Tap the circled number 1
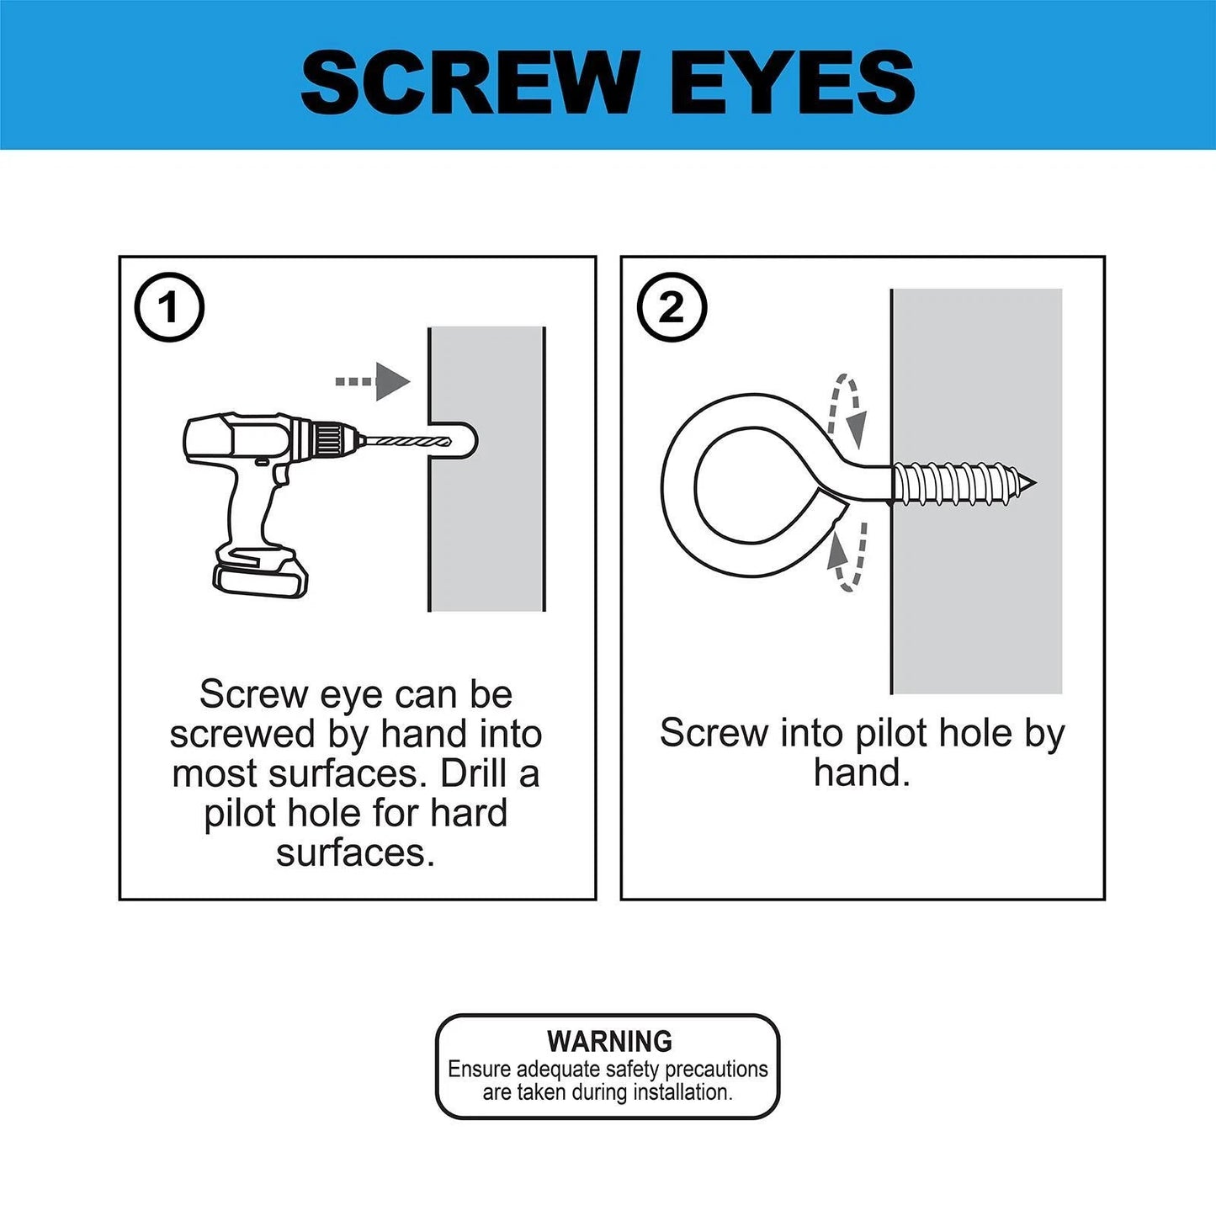pyautogui.click(x=169, y=307)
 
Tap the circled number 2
pyautogui.click(x=672, y=307)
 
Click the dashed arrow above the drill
pyautogui.click(x=373, y=381)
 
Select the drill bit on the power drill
pyautogui.click(x=400, y=440)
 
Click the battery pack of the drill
pyautogui.click(x=260, y=574)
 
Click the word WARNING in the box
pyautogui.click(x=609, y=1041)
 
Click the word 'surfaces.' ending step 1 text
pyautogui.click(x=355, y=852)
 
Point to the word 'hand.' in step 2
pyautogui.click(x=862, y=773)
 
